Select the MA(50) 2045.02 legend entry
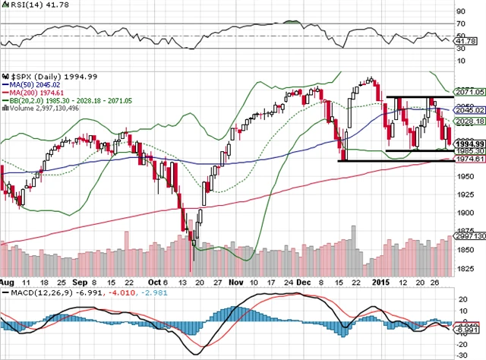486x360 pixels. [32, 84]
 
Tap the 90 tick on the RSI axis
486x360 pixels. [461, 12]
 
